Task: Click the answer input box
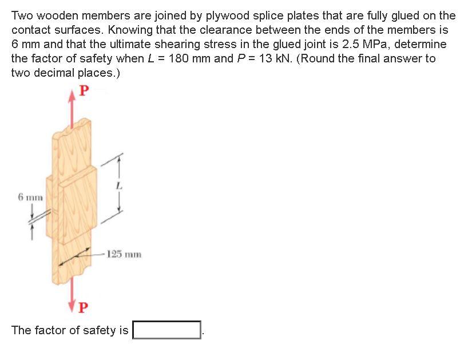(166, 330)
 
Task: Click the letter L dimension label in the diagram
(119, 185)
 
